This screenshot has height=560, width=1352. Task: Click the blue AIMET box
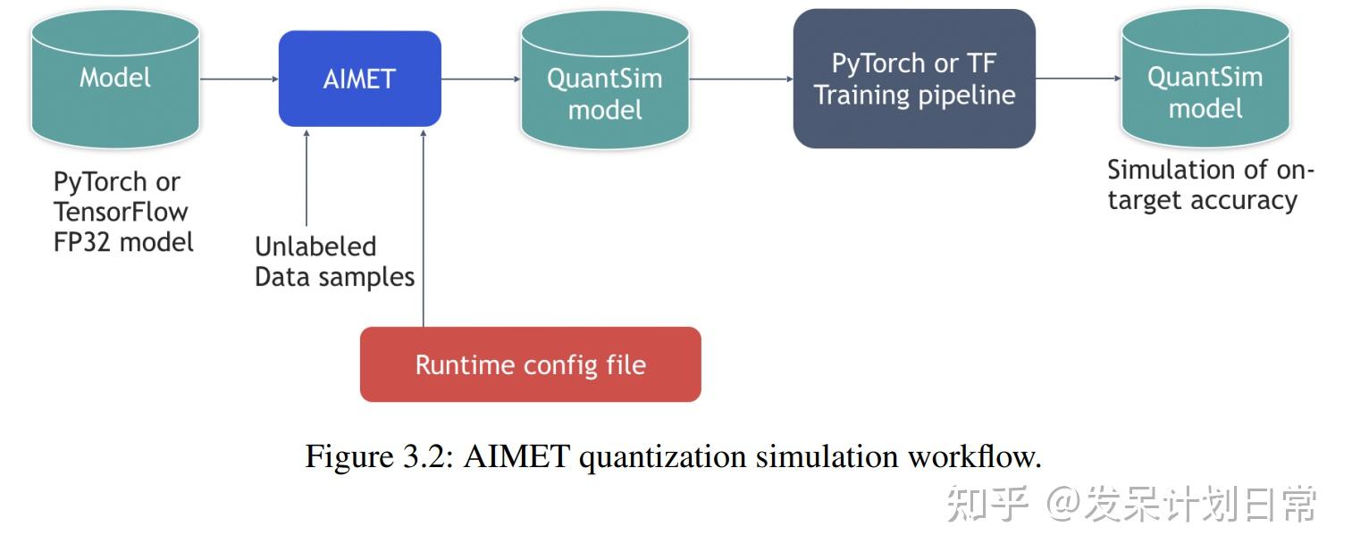tap(359, 79)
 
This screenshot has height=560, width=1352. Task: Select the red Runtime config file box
tap(530, 364)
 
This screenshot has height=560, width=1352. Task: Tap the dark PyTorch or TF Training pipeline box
tap(914, 79)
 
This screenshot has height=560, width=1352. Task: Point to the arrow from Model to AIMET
tap(239, 79)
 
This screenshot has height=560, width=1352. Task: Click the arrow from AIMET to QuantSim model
tap(481, 79)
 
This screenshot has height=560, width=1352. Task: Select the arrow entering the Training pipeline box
tap(741, 79)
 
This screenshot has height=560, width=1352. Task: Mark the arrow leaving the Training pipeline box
tap(1078, 79)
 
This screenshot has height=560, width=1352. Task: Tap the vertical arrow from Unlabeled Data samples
tap(307, 179)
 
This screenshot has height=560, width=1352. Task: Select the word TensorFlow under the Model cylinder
tap(121, 212)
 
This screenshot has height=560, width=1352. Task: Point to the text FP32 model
tap(123, 242)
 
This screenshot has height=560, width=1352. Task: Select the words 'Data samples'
tap(334, 277)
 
